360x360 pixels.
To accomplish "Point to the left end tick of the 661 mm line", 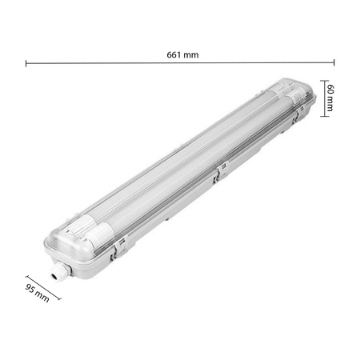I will (26, 62).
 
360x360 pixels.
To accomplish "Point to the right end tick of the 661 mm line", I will (334, 62).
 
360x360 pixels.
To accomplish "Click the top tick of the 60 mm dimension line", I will (324, 80).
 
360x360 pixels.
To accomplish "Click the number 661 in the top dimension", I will (174, 54).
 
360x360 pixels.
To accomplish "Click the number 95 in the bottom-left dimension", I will (30, 289).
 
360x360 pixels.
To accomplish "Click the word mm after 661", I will (190, 54).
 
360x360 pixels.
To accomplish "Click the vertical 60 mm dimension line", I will (324, 98).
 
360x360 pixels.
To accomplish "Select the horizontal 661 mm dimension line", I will (240, 62).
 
